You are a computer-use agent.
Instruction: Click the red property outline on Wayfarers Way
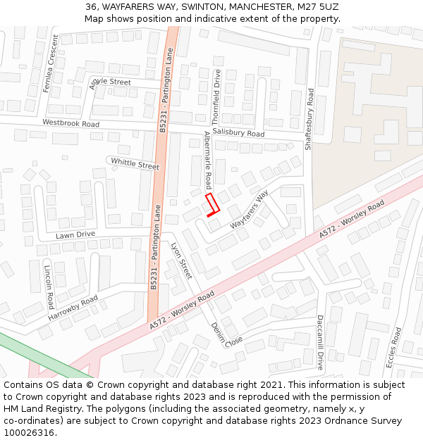[212, 206]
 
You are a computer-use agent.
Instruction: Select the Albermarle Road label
[208, 161]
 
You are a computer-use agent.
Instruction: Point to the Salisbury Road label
[238, 133]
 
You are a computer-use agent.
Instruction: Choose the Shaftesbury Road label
[309, 119]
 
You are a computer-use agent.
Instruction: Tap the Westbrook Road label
[70, 123]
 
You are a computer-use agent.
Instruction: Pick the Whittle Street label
[135, 163]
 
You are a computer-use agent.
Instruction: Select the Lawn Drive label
[75, 234]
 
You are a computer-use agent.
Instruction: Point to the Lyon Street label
[181, 260]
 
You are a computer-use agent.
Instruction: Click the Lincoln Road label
[49, 287]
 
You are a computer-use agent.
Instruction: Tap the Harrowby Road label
[73, 309]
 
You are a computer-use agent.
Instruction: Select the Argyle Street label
[111, 82]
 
